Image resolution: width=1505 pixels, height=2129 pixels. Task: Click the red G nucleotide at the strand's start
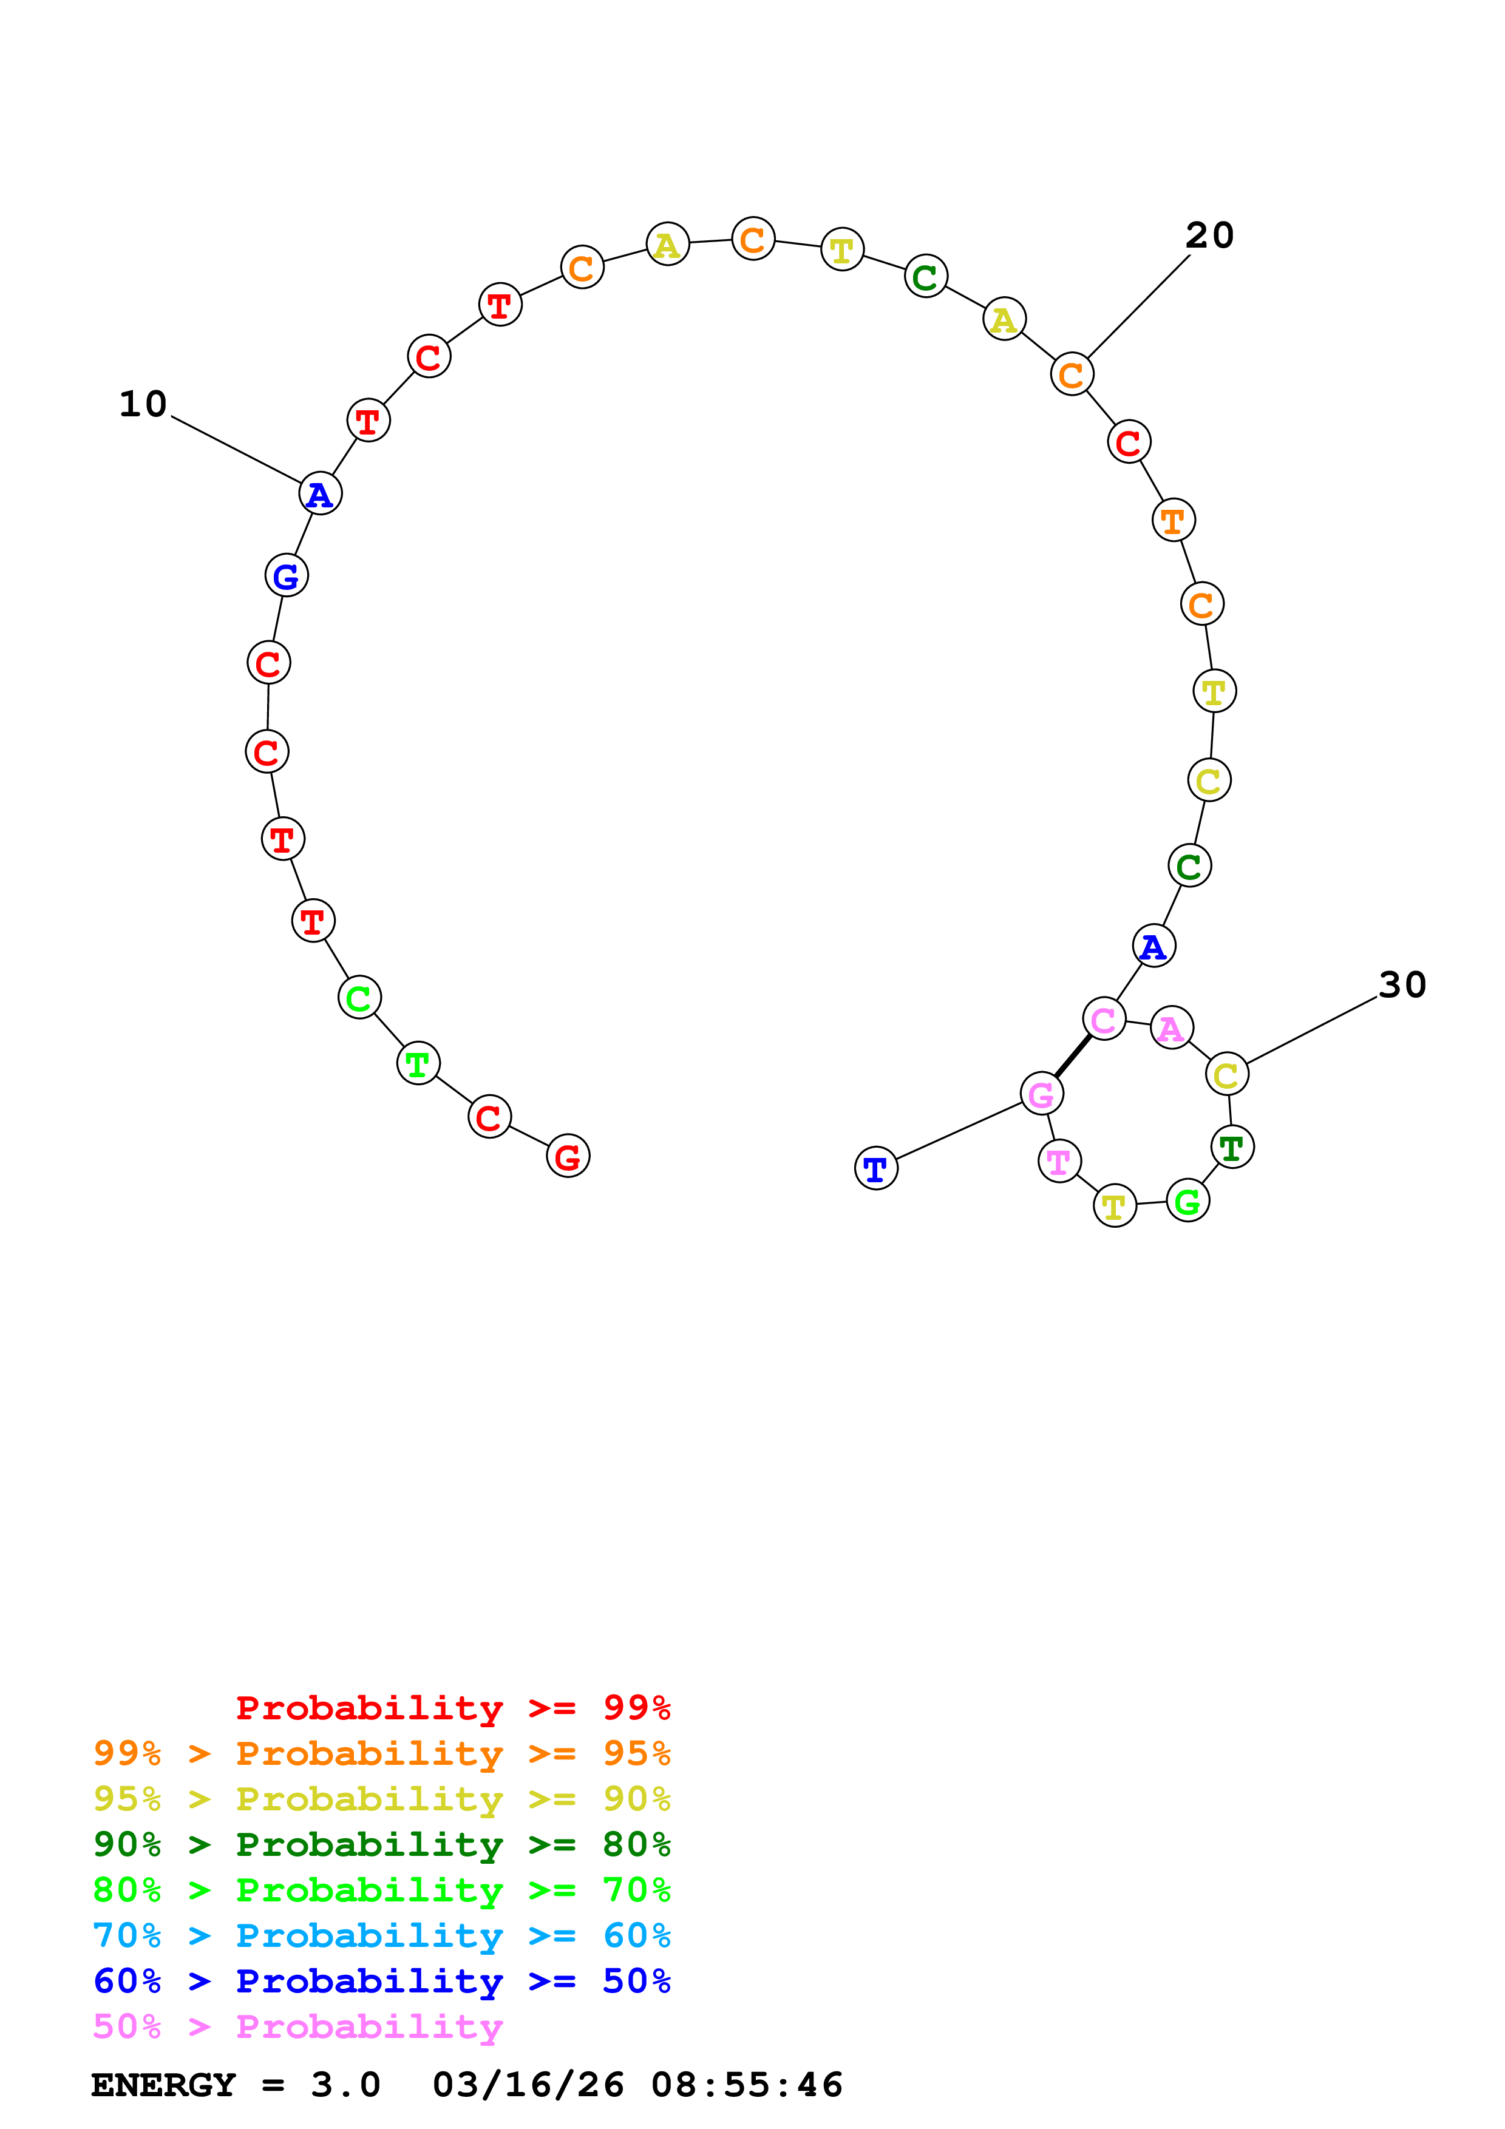point(568,1156)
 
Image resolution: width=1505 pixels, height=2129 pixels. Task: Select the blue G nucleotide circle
point(287,576)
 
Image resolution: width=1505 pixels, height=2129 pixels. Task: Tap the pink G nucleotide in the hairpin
point(1041,1094)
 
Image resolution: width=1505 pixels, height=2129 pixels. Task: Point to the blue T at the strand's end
point(875,1168)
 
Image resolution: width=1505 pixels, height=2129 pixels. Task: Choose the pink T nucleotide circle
point(1059,1160)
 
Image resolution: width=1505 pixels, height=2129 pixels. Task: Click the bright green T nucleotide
point(418,1063)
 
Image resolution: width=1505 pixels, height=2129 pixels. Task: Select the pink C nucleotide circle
point(1104,1019)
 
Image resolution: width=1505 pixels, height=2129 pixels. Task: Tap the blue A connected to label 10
point(320,493)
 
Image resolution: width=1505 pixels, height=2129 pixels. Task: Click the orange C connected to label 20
point(1072,374)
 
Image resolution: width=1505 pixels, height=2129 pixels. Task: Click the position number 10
point(143,404)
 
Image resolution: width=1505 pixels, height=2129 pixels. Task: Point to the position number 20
point(1209,235)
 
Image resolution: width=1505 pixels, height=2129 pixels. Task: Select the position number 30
point(1401,985)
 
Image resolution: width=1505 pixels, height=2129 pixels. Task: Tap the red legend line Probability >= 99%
point(452,1707)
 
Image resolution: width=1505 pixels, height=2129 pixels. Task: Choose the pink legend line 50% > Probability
point(297,2026)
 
